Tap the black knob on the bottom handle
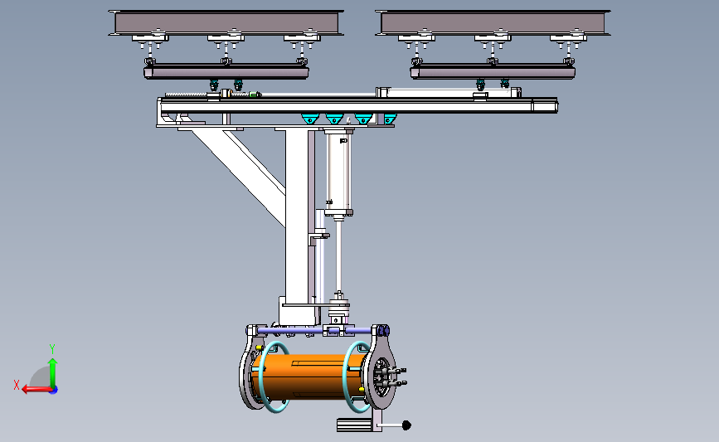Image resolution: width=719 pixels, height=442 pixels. [x=406, y=426]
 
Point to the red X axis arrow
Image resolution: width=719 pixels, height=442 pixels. [x=35, y=388]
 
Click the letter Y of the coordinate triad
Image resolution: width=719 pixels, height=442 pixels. [x=51, y=348]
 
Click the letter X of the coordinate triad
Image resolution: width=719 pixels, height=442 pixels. [x=17, y=385]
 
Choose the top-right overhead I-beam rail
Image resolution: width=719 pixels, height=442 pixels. [x=494, y=22]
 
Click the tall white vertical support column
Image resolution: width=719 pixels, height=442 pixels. [x=297, y=216]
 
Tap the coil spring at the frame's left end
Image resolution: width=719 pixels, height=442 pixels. [x=187, y=97]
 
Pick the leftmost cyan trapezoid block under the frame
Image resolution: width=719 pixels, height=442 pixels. [x=309, y=119]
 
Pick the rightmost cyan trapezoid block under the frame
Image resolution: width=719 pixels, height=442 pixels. [x=389, y=119]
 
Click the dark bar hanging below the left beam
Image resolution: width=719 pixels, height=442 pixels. [x=226, y=73]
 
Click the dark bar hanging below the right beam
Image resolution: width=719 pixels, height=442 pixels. [x=493, y=73]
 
